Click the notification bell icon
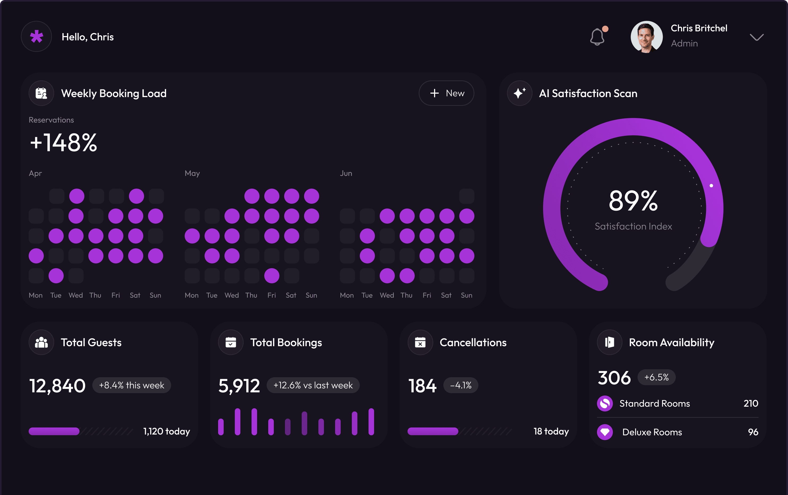coord(597,37)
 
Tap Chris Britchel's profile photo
coord(646,37)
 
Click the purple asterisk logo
coord(36,36)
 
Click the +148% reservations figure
coord(63,143)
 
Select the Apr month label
coord(35,173)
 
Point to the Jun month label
coord(346,173)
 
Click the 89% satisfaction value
coord(633,201)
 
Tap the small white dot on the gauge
coord(711,185)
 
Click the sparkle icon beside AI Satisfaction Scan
coord(519,93)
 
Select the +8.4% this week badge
coord(132,385)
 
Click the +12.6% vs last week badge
coord(313,385)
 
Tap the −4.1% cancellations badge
coord(460,385)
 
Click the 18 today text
coord(551,431)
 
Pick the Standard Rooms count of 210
coord(750,403)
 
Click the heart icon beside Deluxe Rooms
coord(605,432)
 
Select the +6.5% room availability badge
coord(656,377)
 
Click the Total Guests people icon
coord(41,342)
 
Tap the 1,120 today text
coord(167,431)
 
